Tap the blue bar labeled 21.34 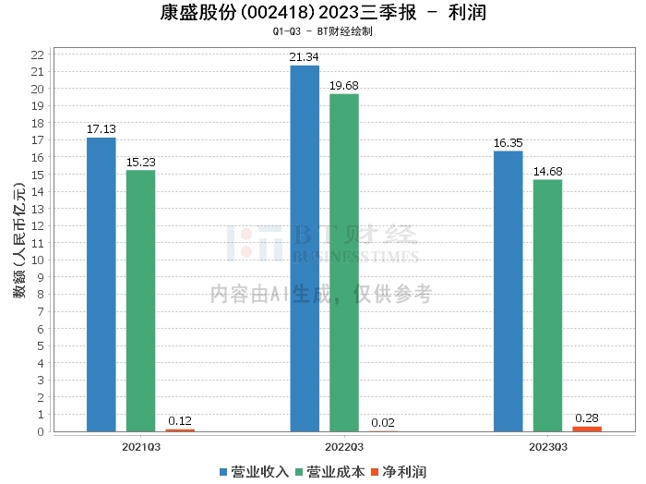pyautogui.click(x=305, y=248)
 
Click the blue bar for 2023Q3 pyautogui.click(x=508, y=291)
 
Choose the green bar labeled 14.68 pyautogui.click(x=547, y=305)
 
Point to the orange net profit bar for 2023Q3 pyautogui.click(x=587, y=429)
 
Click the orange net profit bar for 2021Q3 pyautogui.click(x=180, y=430)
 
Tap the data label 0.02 pyautogui.click(x=384, y=423)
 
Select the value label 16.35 pyautogui.click(x=508, y=143)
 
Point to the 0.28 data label pyautogui.click(x=587, y=418)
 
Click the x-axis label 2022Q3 pyautogui.click(x=344, y=445)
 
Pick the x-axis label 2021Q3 pyautogui.click(x=140, y=445)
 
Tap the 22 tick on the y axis pyautogui.click(x=38, y=54)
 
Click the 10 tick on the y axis pyautogui.click(x=38, y=260)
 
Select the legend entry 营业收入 pyautogui.click(x=254, y=471)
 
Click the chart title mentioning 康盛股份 pyautogui.click(x=322, y=13)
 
